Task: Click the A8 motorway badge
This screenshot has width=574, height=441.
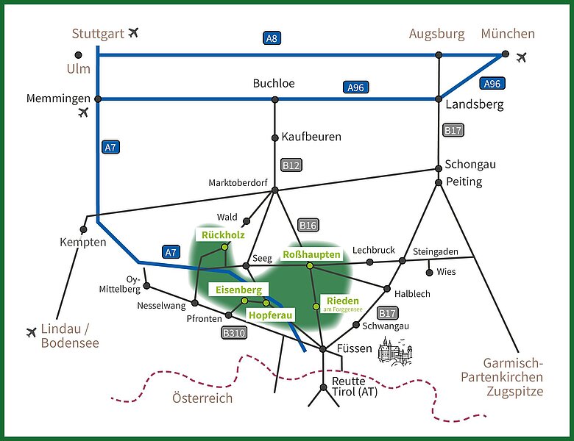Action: coord(272,38)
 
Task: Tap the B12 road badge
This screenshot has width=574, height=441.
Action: coord(291,165)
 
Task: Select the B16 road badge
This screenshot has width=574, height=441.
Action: coord(308,225)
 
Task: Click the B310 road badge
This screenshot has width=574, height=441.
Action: coord(234,333)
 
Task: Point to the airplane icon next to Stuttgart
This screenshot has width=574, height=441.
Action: coord(134,32)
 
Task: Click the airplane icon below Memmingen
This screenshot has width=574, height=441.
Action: coord(83,112)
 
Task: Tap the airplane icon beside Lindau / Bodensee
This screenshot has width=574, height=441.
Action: coord(32,332)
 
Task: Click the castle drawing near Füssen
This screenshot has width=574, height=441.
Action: coord(394,351)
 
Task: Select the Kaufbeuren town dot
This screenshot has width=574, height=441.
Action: coord(275,138)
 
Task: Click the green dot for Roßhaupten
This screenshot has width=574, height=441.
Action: coord(310,266)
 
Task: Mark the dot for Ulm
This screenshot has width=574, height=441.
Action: coord(78,55)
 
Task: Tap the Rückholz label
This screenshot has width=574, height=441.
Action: coord(223,234)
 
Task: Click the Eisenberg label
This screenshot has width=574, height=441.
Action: coord(238,290)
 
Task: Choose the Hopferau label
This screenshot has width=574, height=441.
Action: coord(271,315)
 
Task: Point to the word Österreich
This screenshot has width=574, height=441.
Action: coord(202,398)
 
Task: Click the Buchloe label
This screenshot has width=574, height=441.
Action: coord(274,83)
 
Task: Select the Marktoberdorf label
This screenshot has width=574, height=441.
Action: coord(238,182)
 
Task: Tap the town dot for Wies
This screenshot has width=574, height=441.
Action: coord(430,273)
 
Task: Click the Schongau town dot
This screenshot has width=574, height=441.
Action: coord(439,168)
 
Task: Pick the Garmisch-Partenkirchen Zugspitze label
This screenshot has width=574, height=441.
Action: coord(502,377)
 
